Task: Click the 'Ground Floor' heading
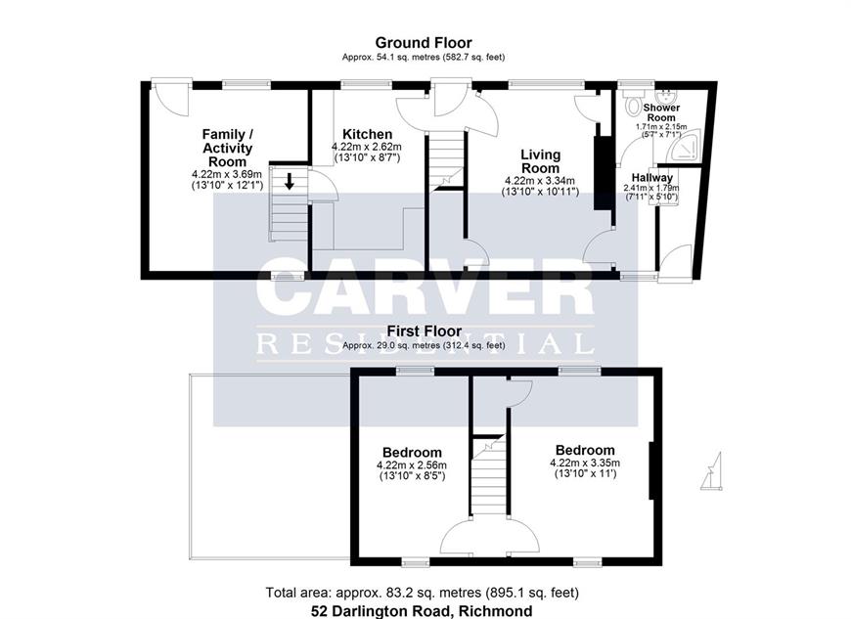(x=424, y=42)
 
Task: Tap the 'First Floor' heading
(x=424, y=331)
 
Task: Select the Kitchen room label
(x=367, y=134)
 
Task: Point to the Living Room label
(x=540, y=161)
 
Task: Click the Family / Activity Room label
(x=227, y=148)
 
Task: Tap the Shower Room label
(x=661, y=112)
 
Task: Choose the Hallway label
(x=651, y=177)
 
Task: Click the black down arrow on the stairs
(x=290, y=181)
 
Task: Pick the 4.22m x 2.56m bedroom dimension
(x=412, y=464)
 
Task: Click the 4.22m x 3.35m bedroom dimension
(x=585, y=463)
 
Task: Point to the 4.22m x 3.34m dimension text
(x=540, y=181)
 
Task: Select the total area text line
(x=423, y=593)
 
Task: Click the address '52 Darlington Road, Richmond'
(x=422, y=611)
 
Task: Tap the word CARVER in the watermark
(x=425, y=287)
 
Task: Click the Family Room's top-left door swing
(x=171, y=98)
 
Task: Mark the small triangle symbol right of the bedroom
(x=712, y=471)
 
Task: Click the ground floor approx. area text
(x=424, y=57)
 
